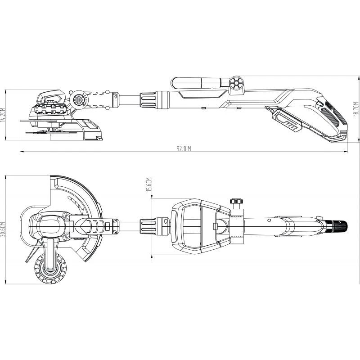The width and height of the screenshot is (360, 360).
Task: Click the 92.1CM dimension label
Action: [x=184, y=149]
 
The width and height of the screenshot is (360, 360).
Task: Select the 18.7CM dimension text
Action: [x=356, y=109]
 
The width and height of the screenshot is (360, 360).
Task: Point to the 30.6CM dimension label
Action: [x=3, y=230]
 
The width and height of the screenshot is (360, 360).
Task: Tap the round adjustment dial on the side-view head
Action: [x=77, y=99]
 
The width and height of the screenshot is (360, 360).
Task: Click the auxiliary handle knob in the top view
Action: [x=237, y=201]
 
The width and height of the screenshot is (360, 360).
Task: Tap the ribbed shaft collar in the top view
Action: [x=148, y=226]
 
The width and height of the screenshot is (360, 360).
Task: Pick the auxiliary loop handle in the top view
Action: [x=200, y=226]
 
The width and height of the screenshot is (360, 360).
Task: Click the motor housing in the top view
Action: [x=49, y=226]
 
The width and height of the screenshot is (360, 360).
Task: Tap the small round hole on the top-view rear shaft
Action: [x=269, y=220]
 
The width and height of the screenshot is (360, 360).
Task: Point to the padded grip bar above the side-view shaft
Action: [x=200, y=83]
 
